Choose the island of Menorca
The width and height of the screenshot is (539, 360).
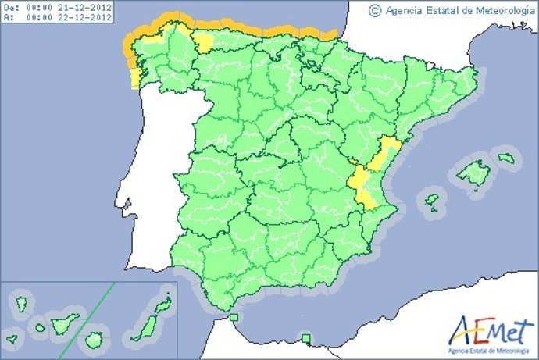(507, 158)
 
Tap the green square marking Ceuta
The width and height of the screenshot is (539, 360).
(234, 317)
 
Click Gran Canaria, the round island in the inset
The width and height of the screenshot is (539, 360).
(95, 340)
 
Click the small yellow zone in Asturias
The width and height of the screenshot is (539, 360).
(203, 43)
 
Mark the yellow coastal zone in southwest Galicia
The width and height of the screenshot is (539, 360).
(135, 78)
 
